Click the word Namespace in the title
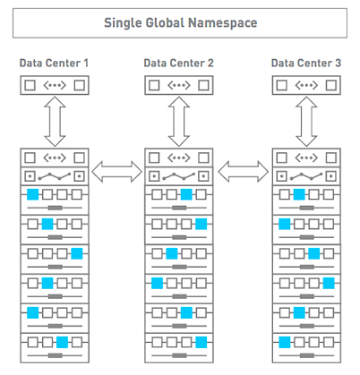223,23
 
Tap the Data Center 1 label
54,63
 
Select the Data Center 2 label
178,63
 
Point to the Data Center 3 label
306,63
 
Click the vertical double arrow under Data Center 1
55,122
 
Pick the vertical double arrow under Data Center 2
179,122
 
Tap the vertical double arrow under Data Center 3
306,122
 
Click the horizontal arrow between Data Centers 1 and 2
116,172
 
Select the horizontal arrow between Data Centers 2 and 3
243,172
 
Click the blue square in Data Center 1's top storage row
33,194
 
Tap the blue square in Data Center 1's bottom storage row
62,342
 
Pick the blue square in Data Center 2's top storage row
186,194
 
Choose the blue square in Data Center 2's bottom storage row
201,342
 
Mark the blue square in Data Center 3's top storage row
299,194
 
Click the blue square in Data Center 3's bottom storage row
285,342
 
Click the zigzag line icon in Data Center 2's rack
179,176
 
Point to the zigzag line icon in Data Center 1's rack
55,176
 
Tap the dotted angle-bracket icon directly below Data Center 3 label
306,85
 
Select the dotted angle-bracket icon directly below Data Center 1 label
55,85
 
